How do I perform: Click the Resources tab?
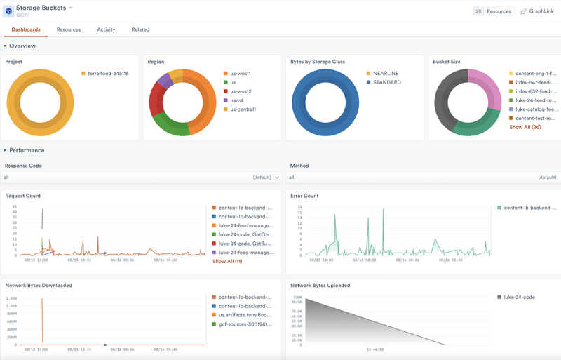click(x=69, y=29)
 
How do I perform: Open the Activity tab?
click(x=106, y=29)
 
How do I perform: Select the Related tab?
click(x=140, y=29)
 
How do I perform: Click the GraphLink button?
click(x=538, y=11)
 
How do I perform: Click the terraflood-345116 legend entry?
click(x=108, y=73)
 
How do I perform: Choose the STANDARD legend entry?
click(x=388, y=82)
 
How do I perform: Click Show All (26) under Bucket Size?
click(x=525, y=127)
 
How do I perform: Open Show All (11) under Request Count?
click(x=227, y=261)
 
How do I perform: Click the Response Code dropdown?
click(x=140, y=178)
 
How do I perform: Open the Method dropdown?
click(x=423, y=178)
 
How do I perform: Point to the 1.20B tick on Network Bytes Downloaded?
click(x=11, y=298)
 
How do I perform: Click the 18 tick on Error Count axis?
click(x=299, y=207)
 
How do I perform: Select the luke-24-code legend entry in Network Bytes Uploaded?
click(x=520, y=297)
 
